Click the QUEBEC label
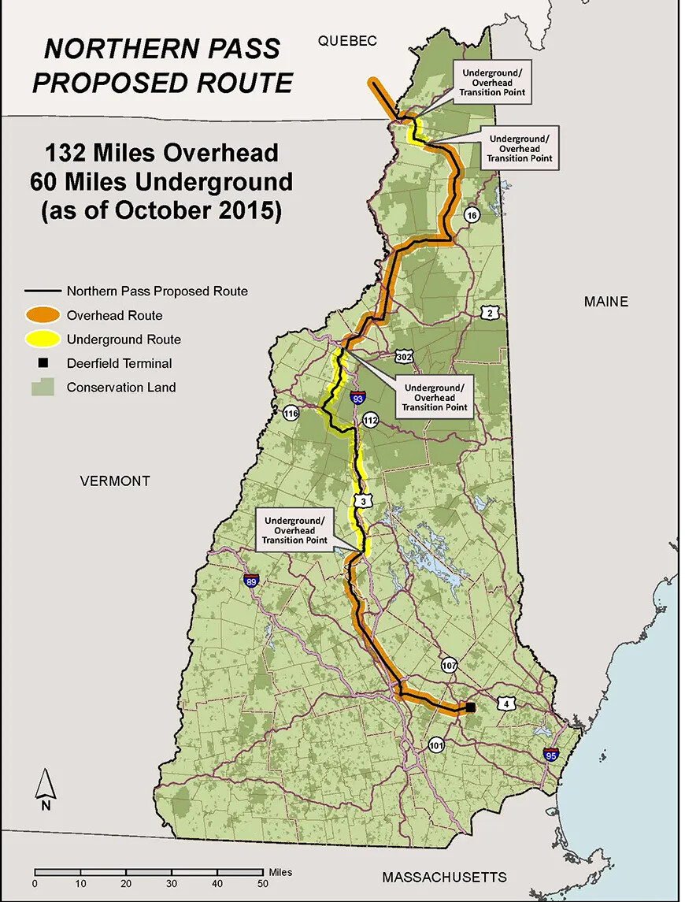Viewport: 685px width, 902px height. point(348,41)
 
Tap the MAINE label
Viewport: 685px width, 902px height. point(605,302)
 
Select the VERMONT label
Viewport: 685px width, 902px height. point(114,481)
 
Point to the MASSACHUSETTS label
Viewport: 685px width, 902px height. point(444,877)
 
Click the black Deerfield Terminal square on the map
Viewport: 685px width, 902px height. point(470,707)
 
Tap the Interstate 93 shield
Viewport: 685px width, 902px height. point(358,399)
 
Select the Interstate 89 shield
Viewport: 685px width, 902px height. point(251,581)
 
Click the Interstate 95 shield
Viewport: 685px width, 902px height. point(550,754)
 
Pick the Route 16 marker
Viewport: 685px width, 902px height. point(472,215)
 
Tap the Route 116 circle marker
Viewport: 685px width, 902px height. point(291,413)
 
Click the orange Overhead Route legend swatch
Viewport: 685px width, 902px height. point(45,315)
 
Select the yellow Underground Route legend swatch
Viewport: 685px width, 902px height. point(45,340)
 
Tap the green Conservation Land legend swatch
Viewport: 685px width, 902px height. point(43,387)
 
